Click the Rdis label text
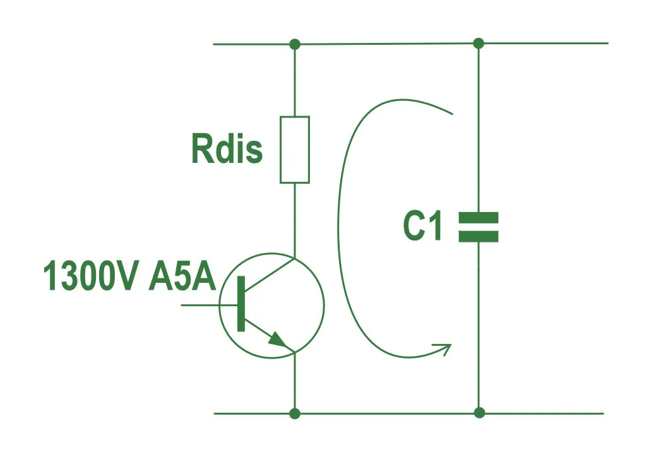click(227, 149)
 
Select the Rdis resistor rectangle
click(295, 150)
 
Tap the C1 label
click(422, 227)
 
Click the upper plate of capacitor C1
click(478, 217)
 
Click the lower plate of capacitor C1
click(478, 237)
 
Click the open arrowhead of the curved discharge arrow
click(444, 348)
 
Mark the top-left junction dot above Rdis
click(294, 44)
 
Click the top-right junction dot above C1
click(478, 44)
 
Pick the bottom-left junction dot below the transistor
click(294, 413)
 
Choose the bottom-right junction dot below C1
click(479, 413)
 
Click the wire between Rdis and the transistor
click(295, 218)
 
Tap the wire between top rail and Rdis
click(295, 80)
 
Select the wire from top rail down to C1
click(478, 126)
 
